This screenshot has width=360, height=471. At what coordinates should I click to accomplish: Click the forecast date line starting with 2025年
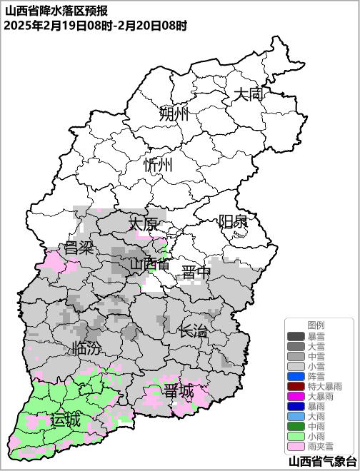click(95, 26)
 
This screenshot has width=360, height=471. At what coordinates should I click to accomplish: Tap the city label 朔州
click(174, 113)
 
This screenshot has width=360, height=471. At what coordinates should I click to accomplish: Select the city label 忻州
click(158, 166)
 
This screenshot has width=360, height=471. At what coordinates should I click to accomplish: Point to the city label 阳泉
click(233, 221)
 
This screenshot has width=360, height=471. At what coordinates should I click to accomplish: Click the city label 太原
click(143, 224)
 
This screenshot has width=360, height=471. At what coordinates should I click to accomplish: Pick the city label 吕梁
click(79, 248)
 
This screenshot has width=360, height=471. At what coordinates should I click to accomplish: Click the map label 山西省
click(149, 265)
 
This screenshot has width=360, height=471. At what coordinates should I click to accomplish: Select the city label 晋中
click(196, 273)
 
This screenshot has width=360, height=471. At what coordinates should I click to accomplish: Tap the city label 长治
click(193, 331)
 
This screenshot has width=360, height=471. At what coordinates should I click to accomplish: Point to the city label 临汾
click(86, 349)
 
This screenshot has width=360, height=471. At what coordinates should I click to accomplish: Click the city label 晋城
click(178, 392)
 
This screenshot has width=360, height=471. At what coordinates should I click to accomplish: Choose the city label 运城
click(65, 420)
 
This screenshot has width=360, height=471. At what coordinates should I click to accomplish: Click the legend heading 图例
click(316, 325)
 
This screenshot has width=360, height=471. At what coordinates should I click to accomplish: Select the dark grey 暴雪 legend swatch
click(296, 336)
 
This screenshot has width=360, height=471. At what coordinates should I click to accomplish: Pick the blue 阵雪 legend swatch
click(296, 376)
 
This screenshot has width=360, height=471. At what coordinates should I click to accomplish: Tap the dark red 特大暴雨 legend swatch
click(296, 386)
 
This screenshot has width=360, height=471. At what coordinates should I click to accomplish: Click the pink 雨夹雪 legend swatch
click(296, 446)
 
